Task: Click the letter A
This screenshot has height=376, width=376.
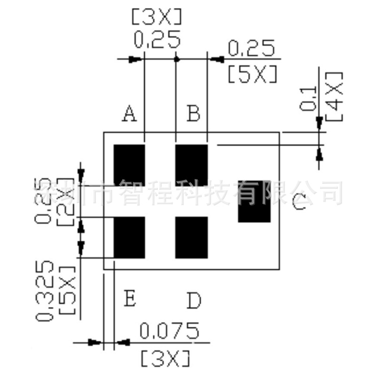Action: pyautogui.click(x=129, y=114)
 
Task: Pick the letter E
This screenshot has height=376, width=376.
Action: pyautogui.click(x=129, y=298)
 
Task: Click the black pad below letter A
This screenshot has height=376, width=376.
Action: pyautogui.click(x=129, y=164)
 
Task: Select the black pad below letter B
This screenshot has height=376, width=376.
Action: pyautogui.click(x=191, y=164)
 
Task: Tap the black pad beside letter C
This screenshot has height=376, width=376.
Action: pyautogui.click(x=254, y=201)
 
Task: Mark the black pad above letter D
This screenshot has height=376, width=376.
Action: pyautogui.click(x=191, y=237)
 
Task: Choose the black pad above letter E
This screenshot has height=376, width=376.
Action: pyautogui.click(x=129, y=237)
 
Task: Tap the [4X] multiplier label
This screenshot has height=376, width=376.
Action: pyautogui.click(x=334, y=96)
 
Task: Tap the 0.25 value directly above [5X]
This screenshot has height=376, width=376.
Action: pyautogui.click(x=251, y=48)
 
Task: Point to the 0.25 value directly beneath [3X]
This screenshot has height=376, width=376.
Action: pyautogui.click(x=157, y=40)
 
